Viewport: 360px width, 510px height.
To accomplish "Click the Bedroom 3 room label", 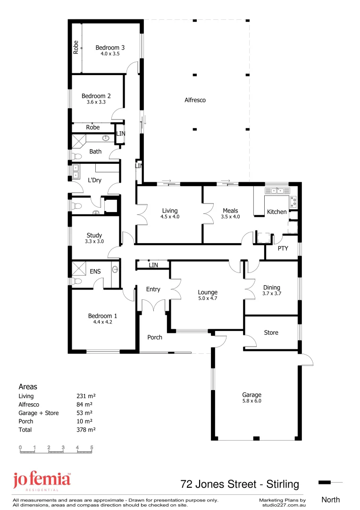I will click(110, 47).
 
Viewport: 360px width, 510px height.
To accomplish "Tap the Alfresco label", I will click(195, 100).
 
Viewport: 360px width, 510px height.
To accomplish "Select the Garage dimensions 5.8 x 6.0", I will click(251, 401).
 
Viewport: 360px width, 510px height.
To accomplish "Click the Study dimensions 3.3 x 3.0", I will click(94, 241).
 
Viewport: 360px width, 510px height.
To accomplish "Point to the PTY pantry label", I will click(283, 248).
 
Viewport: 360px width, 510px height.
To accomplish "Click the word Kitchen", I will click(276, 212).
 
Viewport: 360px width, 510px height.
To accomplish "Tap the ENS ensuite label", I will click(95, 272).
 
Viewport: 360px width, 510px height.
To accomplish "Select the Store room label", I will click(271, 332).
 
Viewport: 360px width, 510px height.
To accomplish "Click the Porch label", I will click(155, 337).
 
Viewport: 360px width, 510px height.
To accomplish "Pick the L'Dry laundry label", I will click(95, 180).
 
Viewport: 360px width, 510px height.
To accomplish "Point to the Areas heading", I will click(27, 387).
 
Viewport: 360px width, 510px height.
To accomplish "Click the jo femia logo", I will click(42, 481).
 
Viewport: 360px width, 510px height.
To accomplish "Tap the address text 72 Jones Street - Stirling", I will click(240, 484).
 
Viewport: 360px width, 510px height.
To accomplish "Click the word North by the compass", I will click(330, 500).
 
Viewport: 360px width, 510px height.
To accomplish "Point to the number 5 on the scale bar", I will click(92, 447).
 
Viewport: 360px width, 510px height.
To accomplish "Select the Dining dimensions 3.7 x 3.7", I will click(271, 293).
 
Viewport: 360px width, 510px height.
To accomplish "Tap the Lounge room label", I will click(208, 292).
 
